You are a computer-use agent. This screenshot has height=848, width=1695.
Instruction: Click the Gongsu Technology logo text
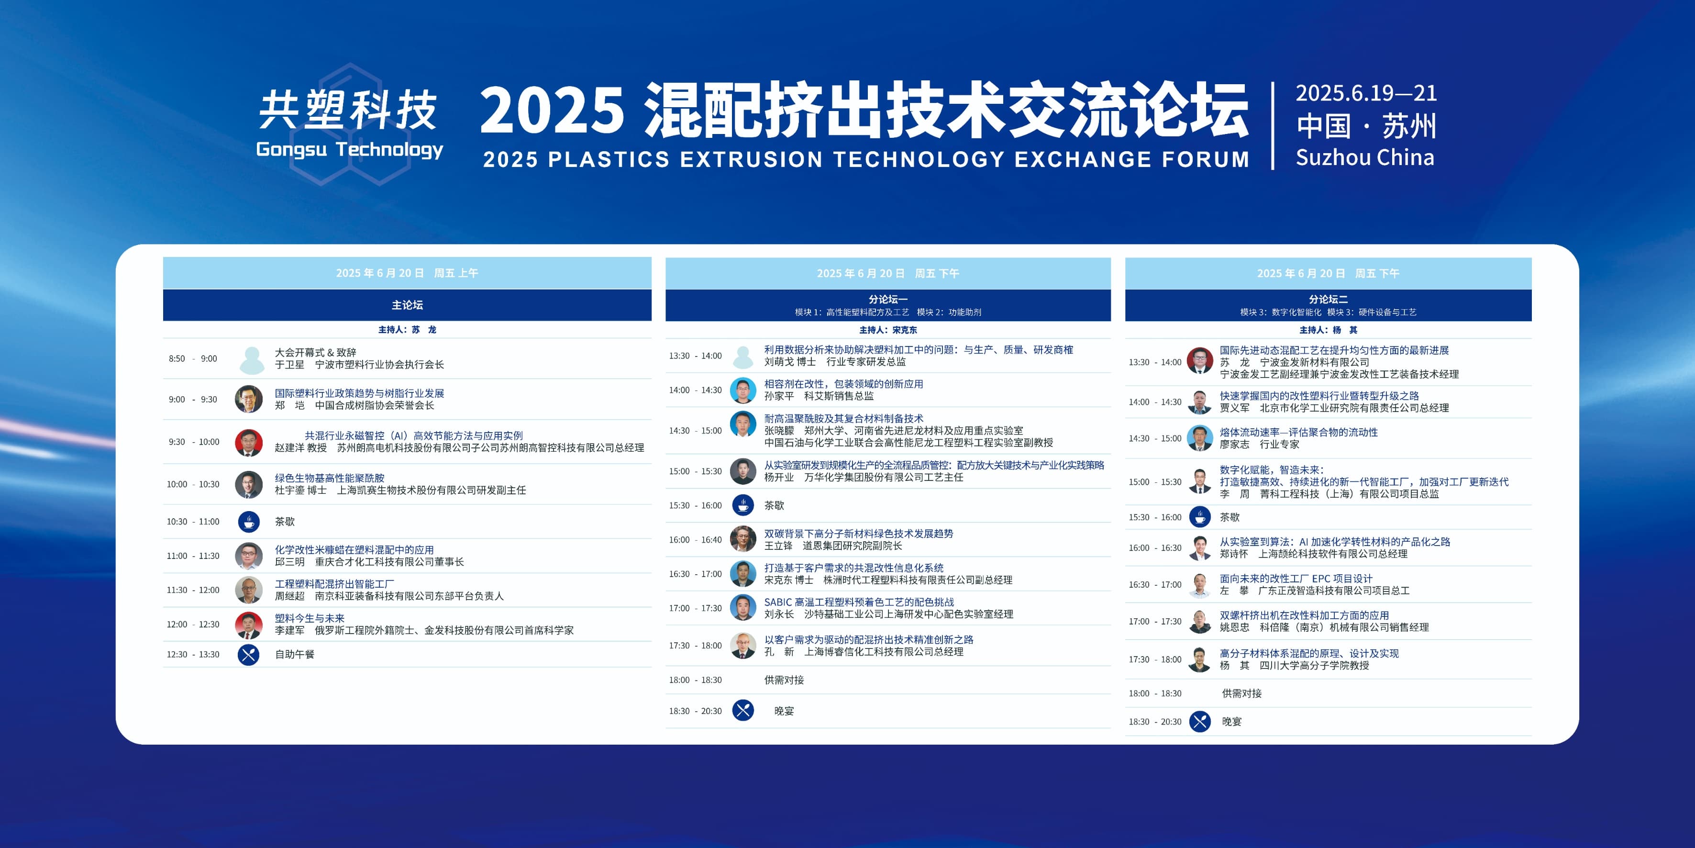(349, 149)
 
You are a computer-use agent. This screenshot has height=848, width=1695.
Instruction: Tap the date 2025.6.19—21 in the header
(1366, 93)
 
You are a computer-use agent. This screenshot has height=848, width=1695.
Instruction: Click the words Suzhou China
(1365, 157)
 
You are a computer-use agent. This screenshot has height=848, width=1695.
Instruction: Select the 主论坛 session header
(407, 305)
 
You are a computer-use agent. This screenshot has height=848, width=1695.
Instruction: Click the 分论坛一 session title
(887, 299)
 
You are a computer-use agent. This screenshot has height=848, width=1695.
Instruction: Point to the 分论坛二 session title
(1328, 299)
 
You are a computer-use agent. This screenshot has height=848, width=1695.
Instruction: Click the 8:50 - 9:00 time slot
(193, 359)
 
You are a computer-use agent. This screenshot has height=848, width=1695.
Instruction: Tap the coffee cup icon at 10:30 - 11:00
(249, 522)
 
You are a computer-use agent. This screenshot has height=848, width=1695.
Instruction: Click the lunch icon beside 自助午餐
(249, 655)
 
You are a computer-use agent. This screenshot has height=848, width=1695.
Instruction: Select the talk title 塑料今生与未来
(309, 618)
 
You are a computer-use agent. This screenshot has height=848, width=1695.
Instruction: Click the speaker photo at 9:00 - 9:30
(249, 399)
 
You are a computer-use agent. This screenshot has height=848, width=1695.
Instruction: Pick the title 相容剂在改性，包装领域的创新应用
(843, 384)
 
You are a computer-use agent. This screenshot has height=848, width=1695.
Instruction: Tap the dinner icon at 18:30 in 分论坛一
(743, 710)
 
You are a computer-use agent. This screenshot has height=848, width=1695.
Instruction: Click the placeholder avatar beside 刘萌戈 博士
(743, 356)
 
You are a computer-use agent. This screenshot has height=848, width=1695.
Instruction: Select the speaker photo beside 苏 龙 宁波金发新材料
(1199, 361)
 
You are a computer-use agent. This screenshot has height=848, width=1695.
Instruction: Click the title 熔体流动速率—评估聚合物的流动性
(1298, 432)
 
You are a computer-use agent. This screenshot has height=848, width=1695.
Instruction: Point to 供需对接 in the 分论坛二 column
(1241, 693)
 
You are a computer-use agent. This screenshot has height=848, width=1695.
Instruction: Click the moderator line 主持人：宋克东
(887, 330)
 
